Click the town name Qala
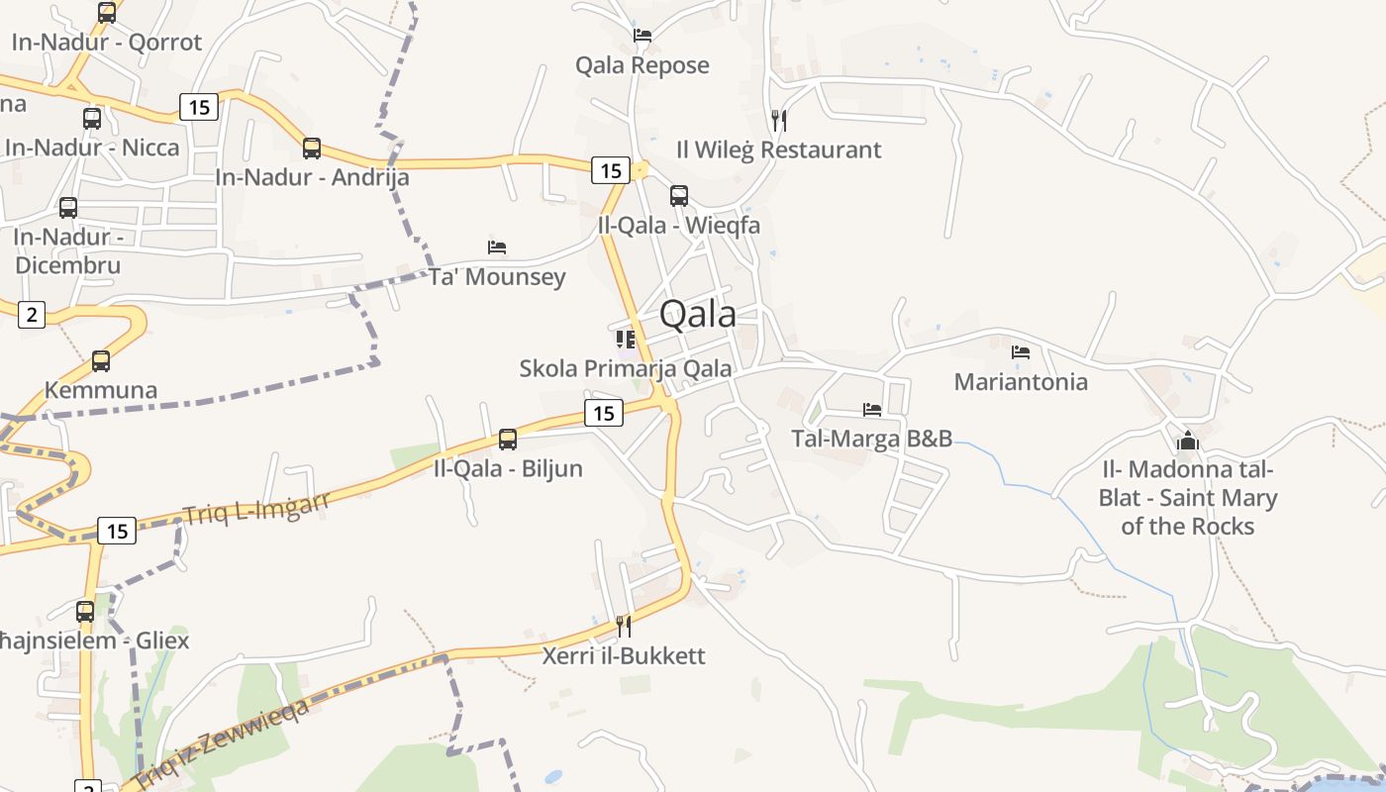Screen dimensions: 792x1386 tap(697, 314)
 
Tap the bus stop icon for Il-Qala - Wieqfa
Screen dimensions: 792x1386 tap(679, 195)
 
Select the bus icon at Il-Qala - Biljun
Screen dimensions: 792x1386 tap(508, 439)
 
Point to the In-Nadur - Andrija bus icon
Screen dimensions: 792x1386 tap(312, 148)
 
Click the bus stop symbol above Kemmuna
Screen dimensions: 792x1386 tap(101, 361)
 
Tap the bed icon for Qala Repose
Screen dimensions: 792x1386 tap(643, 36)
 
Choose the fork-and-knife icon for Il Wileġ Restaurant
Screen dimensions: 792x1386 tap(779, 121)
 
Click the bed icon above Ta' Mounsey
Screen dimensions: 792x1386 tap(497, 247)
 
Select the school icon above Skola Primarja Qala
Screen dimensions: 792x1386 tap(626, 340)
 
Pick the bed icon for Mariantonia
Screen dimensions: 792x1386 tap(1021, 352)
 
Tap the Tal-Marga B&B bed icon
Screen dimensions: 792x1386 tap(872, 409)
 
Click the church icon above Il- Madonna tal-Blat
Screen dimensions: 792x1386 tap(1188, 441)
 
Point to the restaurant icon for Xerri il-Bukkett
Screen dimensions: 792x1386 tap(624, 626)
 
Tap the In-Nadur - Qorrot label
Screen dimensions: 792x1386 tap(107, 42)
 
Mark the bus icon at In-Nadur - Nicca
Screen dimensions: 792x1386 tap(92, 119)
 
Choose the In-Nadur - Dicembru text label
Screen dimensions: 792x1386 tap(67, 251)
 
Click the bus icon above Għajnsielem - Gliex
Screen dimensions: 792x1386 tap(85, 611)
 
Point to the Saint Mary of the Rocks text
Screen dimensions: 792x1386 tap(1188, 512)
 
